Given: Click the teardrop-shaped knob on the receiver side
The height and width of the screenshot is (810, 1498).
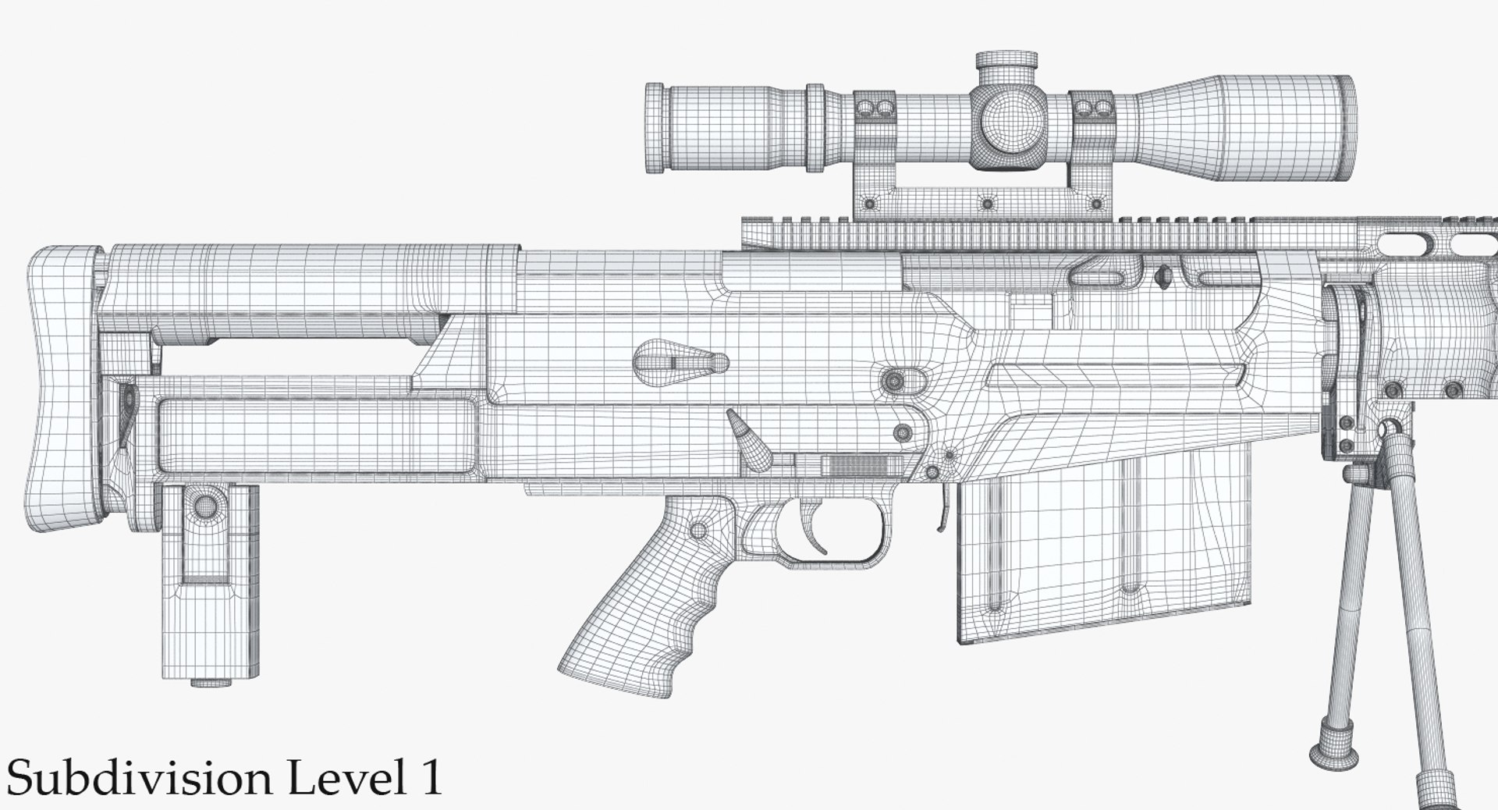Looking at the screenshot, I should click(679, 361).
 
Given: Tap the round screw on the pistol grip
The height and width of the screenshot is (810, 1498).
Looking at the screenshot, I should click(699, 531).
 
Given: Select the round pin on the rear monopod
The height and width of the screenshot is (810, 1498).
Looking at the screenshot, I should click(204, 504).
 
